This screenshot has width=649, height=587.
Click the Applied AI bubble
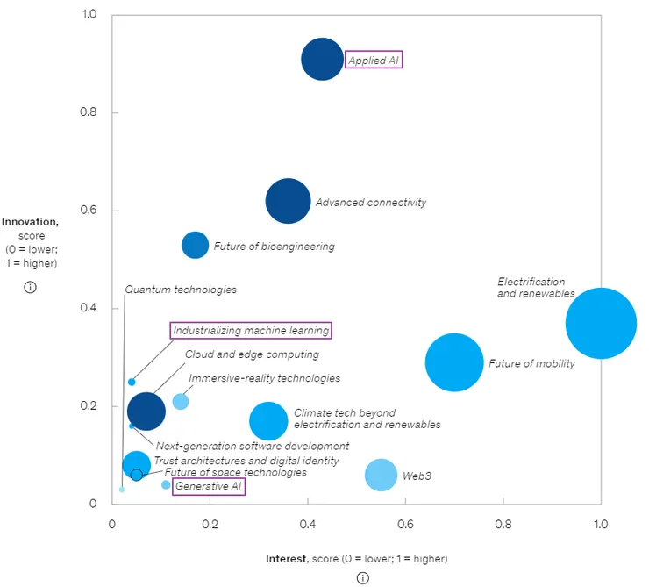323,60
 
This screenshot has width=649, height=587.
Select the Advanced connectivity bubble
288,201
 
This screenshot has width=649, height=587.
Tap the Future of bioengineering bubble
195,245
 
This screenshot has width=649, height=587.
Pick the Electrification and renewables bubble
600,323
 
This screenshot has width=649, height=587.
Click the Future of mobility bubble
454,362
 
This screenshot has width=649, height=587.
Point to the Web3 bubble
381,475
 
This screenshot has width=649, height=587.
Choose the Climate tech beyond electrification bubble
268,421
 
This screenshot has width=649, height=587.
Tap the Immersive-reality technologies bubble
181,401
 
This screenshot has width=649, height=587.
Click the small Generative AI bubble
166,485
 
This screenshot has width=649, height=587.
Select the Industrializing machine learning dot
132,382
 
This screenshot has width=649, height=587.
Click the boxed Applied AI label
374,61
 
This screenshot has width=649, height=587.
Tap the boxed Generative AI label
209,486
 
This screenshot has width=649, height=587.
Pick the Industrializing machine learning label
251,331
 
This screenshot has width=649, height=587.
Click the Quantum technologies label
181,290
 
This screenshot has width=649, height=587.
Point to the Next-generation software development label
253,446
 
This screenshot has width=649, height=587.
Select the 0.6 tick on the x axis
405,524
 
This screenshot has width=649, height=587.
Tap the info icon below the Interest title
362,577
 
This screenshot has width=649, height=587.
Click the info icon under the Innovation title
30,287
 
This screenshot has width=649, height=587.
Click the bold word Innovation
30,223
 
